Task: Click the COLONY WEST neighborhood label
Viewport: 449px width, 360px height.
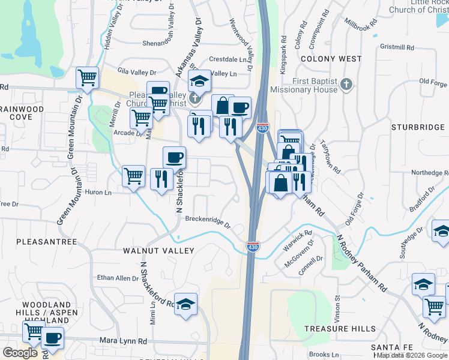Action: (x=331, y=59)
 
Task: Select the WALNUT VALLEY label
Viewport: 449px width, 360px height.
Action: (x=158, y=250)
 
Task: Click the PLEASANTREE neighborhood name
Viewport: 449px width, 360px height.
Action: (x=47, y=242)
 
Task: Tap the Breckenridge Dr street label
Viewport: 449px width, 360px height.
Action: (x=208, y=222)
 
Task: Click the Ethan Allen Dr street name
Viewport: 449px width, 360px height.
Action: (x=118, y=278)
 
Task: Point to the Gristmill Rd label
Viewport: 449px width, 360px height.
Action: (x=397, y=47)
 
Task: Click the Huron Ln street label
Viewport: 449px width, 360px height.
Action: (x=99, y=193)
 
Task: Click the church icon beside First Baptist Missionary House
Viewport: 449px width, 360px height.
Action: (x=346, y=85)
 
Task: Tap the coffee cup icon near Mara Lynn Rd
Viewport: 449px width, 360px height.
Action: (x=53, y=338)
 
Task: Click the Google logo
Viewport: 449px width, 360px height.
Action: (x=20, y=353)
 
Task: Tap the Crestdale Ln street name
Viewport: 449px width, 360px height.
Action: (x=228, y=59)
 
